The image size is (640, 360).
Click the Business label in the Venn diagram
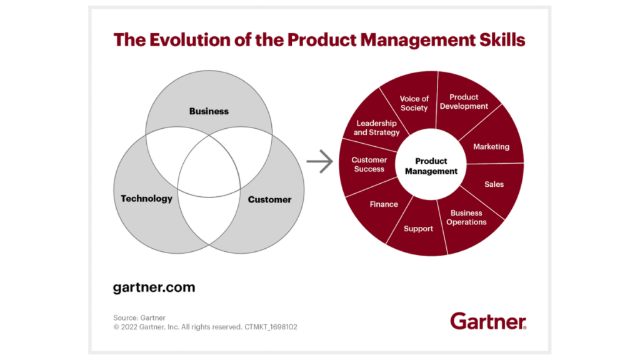click(209, 111)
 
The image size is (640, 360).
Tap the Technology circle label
click(146, 199)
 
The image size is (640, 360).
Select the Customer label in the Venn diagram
click(269, 199)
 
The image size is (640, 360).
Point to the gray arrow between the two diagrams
click(319, 162)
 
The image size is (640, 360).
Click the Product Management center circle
click(431, 166)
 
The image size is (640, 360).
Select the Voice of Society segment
click(414, 103)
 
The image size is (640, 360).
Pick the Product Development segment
click(464, 102)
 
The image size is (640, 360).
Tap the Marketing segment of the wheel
click(491, 147)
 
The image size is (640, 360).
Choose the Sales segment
click(494, 184)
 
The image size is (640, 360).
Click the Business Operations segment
click(466, 217)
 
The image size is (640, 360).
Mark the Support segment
click(418, 229)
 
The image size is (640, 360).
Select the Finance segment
click(384, 204)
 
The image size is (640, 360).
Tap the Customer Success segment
click(369, 164)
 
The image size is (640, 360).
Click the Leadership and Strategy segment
click(376, 127)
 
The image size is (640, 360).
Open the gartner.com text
click(154, 288)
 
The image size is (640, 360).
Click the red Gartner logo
click(488, 321)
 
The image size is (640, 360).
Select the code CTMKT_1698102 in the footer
click(270, 327)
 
